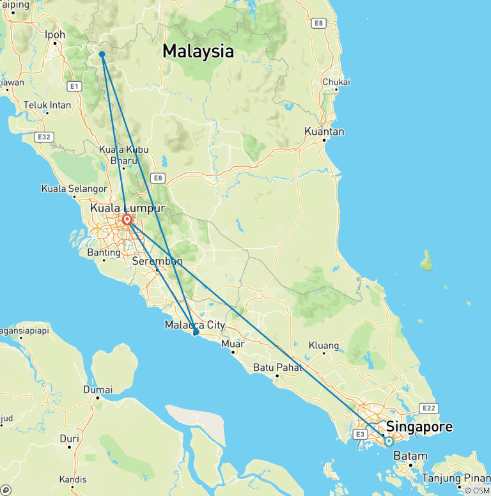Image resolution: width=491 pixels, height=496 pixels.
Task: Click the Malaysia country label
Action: pyautogui.click(x=198, y=51)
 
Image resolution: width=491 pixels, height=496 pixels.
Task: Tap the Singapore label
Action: pyautogui.click(x=419, y=426)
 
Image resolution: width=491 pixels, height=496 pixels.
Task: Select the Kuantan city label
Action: pyautogui.click(x=325, y=132)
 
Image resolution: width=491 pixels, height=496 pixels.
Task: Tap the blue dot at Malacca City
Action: pyautogui.click(x=196, y=332)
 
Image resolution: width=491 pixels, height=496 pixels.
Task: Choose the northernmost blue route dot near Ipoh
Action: pyautogui.click(x=102, y=54)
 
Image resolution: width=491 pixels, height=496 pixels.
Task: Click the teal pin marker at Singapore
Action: pyautogui.click(x=389, y=441)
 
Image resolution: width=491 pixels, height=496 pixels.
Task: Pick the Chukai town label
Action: pyautogui.click(x=336, y=82)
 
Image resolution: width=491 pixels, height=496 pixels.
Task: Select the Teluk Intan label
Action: pyautogui.click(x=47, y=104)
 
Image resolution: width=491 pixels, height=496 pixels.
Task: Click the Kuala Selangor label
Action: pyautogui.click(x=74, y=189)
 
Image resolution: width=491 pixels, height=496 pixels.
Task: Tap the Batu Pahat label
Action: pyautogui.click(x=277, y=367)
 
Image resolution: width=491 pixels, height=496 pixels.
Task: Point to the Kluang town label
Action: pyautogui.click(x=323, y=345)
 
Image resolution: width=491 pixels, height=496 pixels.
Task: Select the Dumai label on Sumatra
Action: pyautogui.click(x=98, y=389)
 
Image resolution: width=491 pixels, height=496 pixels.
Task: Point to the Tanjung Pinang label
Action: pyautogui.click(x=455, y=478)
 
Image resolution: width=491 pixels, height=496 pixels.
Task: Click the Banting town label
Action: pyautogui.click(x=104, y=252)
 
